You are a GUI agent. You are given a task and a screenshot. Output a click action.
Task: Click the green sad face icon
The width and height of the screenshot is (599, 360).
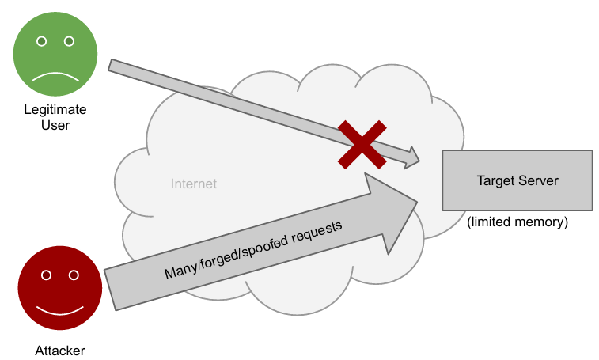tap(55, 55)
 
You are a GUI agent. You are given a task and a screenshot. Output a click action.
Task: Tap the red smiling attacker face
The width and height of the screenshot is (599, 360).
tap(60, 290)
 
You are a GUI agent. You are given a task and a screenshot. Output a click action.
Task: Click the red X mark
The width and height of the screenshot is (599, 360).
tap(362, 144)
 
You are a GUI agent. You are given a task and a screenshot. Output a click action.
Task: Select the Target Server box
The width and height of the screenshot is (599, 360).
tap(517, 180)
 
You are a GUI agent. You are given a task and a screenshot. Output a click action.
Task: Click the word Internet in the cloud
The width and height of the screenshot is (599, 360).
tap(194, 184)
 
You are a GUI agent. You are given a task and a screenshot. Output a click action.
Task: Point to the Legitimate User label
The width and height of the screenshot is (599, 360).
tap(55, 117)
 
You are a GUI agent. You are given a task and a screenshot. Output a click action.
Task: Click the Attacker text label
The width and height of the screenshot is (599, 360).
tap(59, 351)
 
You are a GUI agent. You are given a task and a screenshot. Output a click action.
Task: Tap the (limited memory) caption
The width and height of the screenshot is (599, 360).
tap(517, 222)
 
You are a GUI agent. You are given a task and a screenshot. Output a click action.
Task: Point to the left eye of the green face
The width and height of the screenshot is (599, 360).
tap(41, 40)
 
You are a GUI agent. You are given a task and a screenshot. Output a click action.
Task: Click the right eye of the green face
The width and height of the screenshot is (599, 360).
tap(69, 40)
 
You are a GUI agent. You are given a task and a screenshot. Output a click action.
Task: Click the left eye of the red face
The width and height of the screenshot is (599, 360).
tap(46, 275)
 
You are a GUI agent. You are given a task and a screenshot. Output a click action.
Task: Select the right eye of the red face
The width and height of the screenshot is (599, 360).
tap(74, 275)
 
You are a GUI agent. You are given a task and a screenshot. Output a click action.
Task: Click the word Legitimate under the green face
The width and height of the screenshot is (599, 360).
tap(55, 110)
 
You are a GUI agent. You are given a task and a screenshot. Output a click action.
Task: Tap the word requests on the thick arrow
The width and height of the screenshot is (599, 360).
tap(316, 232)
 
